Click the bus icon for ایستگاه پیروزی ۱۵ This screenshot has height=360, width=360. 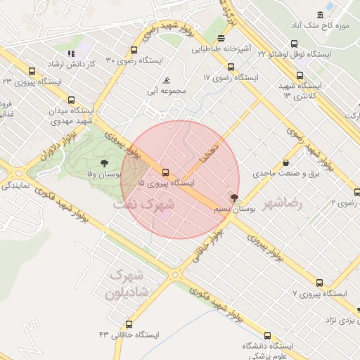pyautogui.click(x=166, y=172)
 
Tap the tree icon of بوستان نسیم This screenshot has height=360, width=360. pyautogui.click(x=234, y=198)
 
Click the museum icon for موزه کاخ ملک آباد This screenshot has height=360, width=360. pyautogui.click(x=321, y=15)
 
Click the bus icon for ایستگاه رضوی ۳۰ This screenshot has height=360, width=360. pyautogui.click(x=134, y=50)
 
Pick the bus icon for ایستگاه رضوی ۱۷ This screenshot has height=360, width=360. pyautogui.click(x=231, y=67)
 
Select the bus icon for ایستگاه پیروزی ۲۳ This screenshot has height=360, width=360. pyautogui.click(x=31, y=71)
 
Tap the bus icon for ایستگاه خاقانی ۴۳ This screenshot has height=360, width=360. pyautogui.click(x=129, y=324)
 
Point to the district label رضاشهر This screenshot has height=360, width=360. pyautogui.click(x=282, y=204)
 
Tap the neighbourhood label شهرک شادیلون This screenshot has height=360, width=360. pyautogui.click(x=129, y=283)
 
